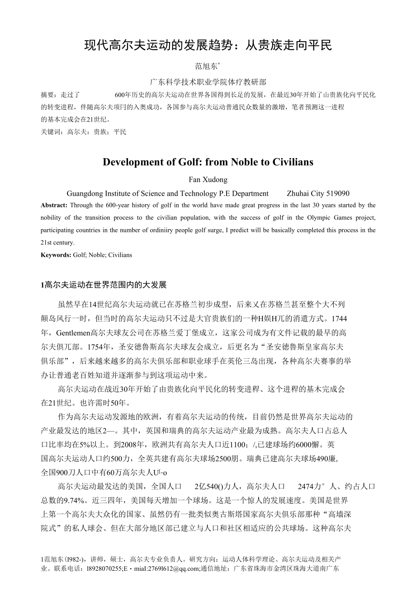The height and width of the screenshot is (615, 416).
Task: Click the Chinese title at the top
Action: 208,45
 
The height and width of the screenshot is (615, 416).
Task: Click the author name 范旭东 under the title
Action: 206,66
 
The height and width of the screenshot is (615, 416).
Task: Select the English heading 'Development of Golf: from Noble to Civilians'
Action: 208,162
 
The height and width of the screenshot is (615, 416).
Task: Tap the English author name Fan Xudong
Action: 208,180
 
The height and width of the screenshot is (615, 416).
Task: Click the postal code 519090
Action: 337,193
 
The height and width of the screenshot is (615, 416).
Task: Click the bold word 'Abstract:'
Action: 54,205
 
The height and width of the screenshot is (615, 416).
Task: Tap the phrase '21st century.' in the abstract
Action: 57,243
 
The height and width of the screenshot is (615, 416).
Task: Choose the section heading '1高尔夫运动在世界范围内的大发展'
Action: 104,285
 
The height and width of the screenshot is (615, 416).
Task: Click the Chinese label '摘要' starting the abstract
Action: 47,95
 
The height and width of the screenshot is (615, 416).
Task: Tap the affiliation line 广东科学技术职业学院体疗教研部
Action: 208,82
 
